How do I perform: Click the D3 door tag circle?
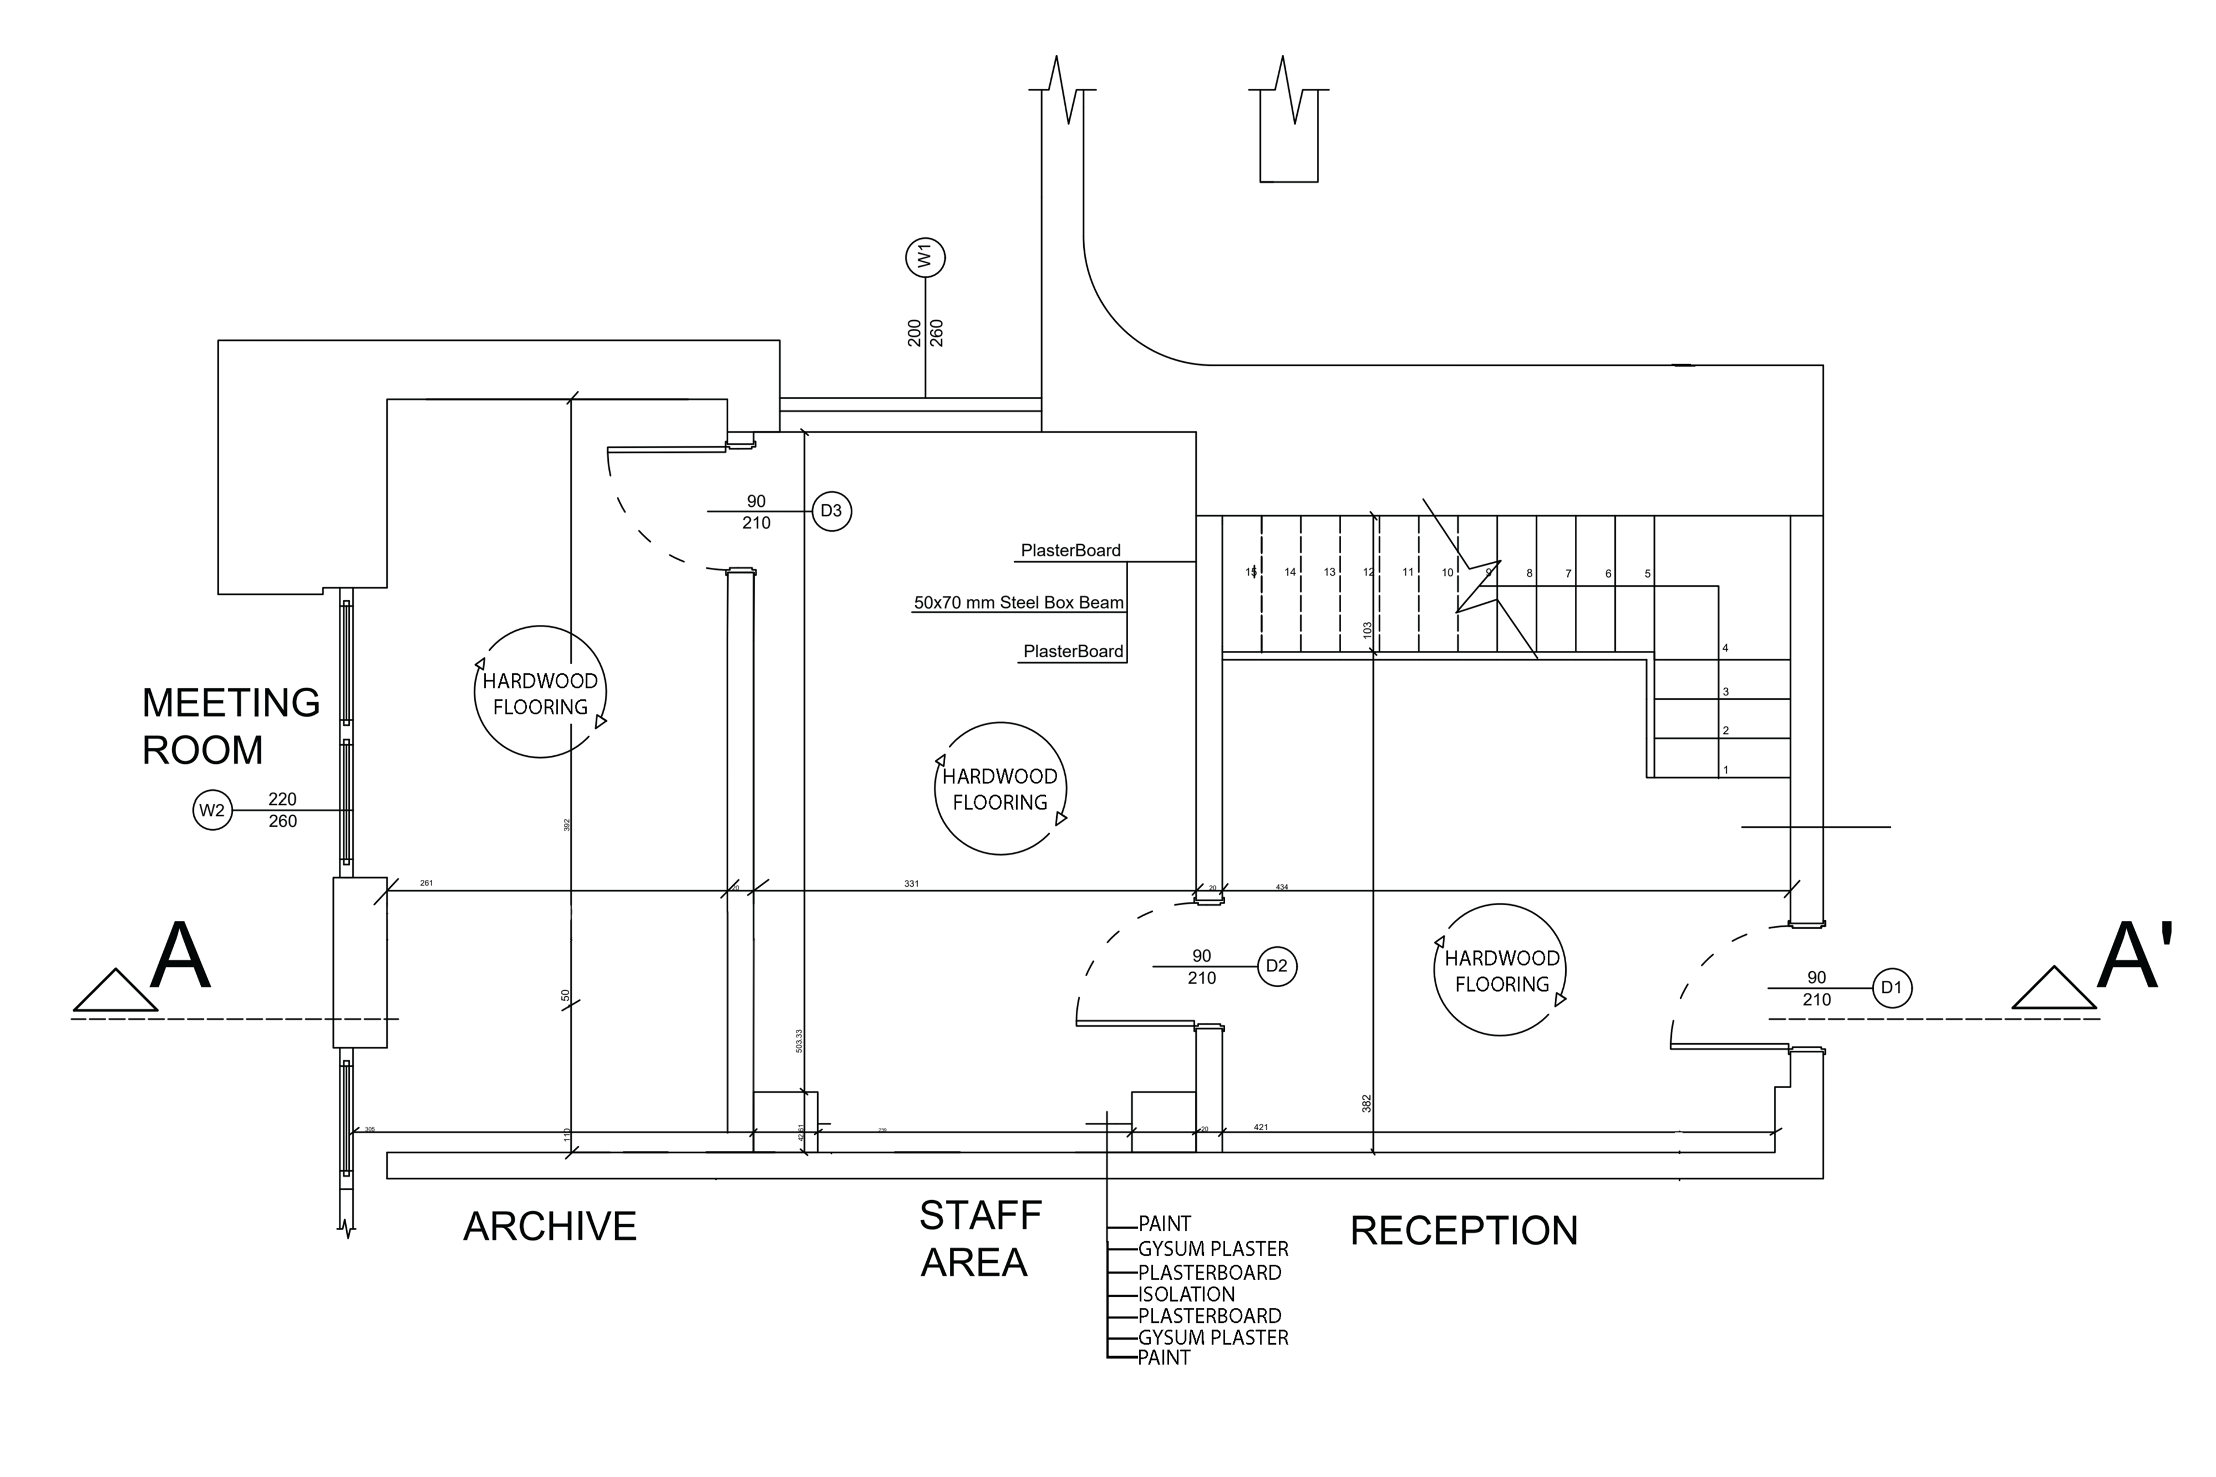point(831,512)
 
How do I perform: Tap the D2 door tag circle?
point(1277,966)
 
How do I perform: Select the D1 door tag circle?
point(1891,988)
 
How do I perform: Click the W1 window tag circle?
point(925,257)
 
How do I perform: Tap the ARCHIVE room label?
point(550,1227)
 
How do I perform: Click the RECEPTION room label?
point(1463,1231)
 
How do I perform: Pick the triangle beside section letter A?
point(115,991)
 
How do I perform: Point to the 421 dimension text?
point(1260,1127)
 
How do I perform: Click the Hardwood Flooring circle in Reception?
point(1500,971)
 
